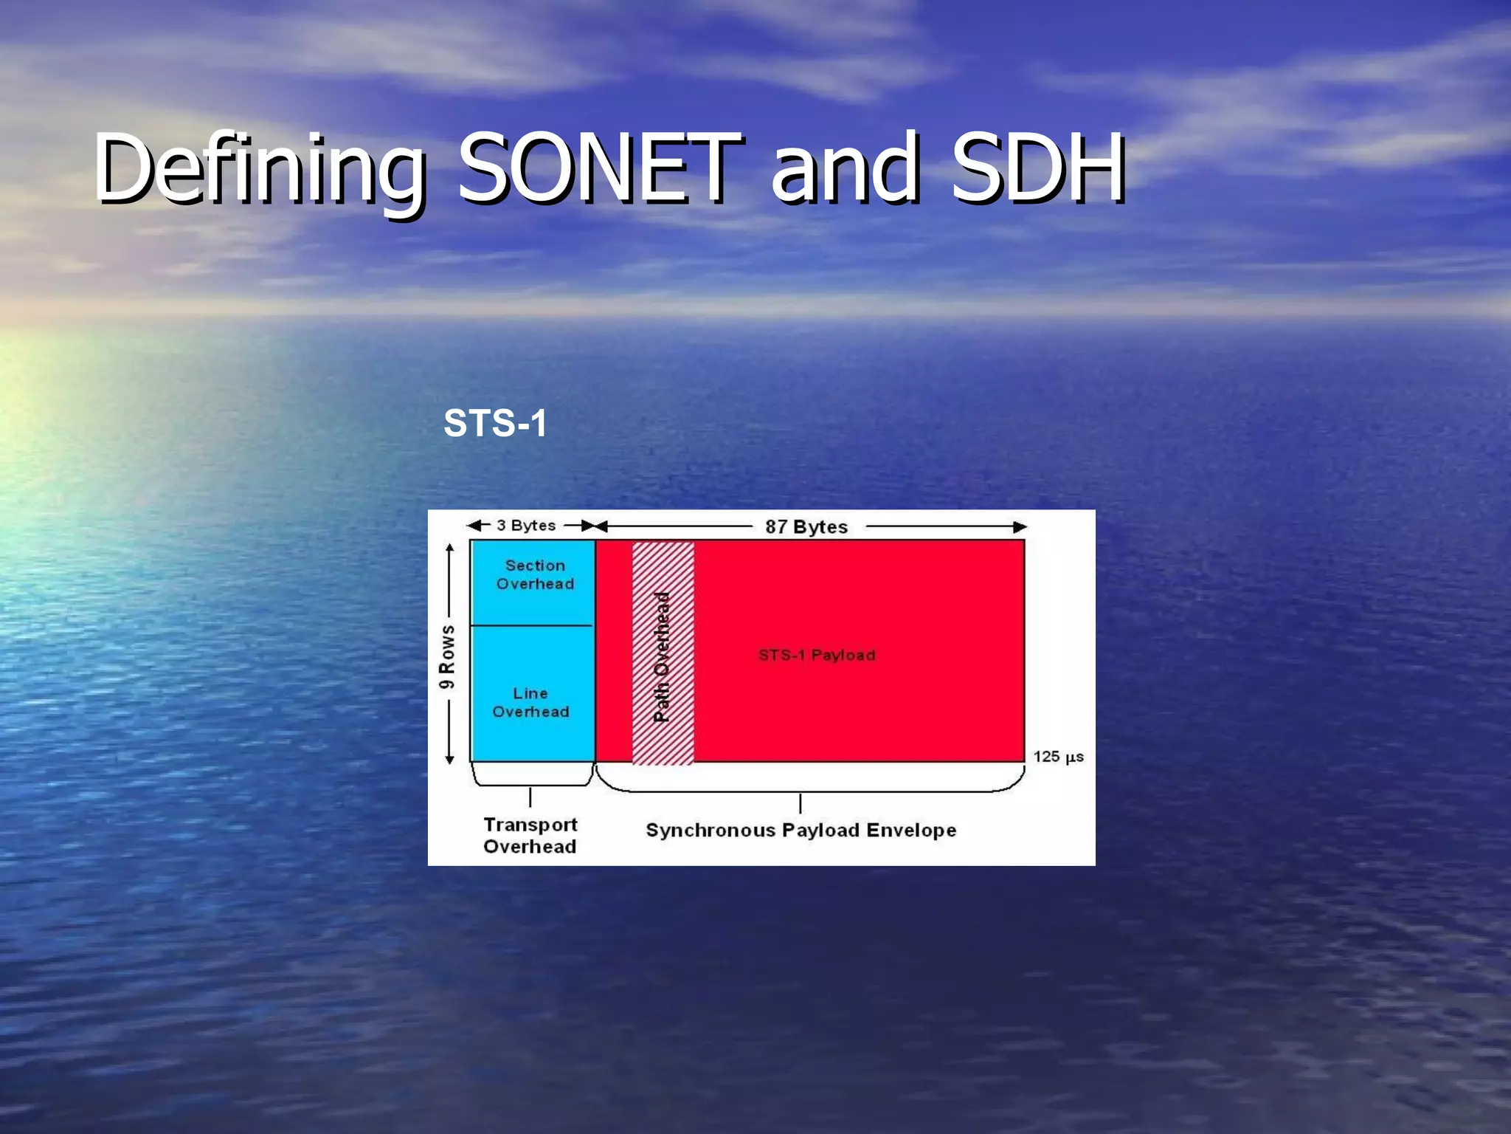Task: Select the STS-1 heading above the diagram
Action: [x=495, y=423]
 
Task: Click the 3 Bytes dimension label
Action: [x=526, y=525]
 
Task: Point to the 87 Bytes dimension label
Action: [x=806, y=526]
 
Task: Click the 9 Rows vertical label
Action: [x=447, y=656]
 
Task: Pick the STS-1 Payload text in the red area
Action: [x=817, y=655]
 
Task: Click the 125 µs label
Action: [x=1058, y=756]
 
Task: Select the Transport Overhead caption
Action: [x=530, y=835]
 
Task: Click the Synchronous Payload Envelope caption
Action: [x=801, y=830]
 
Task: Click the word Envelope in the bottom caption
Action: [x=911, y=830]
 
